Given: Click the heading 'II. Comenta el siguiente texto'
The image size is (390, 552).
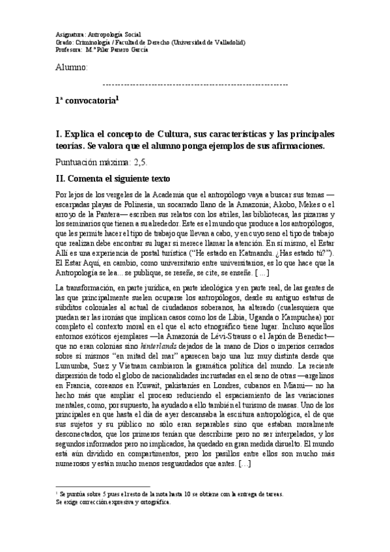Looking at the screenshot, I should (114, 178).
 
